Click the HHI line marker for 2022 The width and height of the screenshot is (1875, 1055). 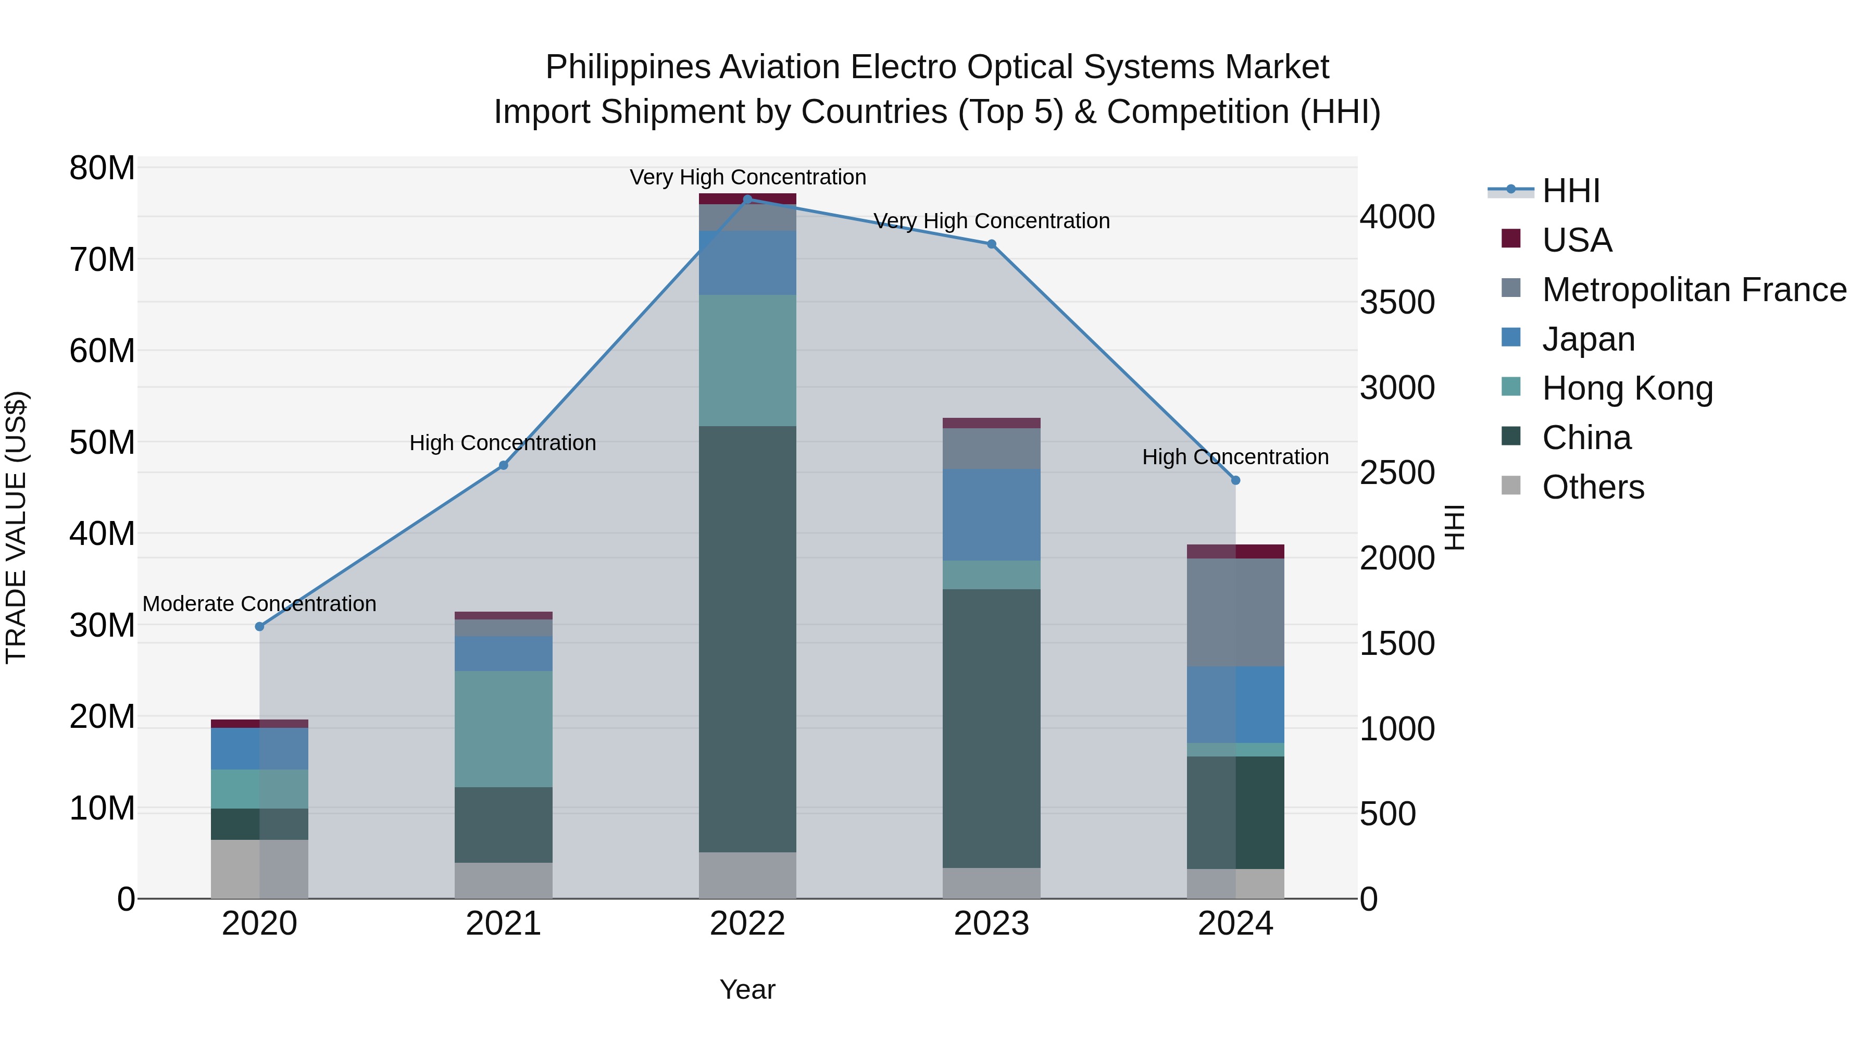click(x=747, y=199)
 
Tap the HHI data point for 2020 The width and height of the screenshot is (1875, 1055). click(x=260, y=626)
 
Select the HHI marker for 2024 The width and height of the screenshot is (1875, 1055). click(x=1235, y=480)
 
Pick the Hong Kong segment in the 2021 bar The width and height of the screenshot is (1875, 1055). click(x=503, y=729)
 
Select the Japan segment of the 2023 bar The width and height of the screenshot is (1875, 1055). click(x=991, y=515)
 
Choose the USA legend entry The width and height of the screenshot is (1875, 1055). click(x=1577, y=240)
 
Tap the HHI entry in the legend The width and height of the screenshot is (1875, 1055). click(x=1571, y=191)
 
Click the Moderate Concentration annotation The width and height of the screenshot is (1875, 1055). click(x=260, y=604)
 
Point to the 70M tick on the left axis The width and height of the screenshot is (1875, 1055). click(x=102, y=260)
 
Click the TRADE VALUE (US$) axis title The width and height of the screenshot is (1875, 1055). click(x=16, y=527)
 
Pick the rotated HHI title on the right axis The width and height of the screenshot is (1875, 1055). click(x=1454, y=527)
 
